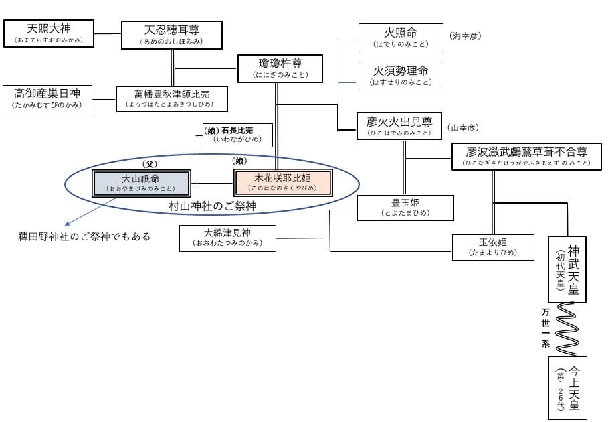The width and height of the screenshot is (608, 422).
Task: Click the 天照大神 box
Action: pos(48,33)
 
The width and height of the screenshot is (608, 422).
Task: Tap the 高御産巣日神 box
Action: pos(48,98)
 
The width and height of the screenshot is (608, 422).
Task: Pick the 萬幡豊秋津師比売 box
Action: pos(172,98)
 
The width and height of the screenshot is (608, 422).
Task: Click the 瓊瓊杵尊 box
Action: pos(280,68)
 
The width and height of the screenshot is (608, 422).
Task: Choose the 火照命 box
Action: pos(401,38)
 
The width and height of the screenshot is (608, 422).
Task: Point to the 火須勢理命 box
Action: pos(401,75)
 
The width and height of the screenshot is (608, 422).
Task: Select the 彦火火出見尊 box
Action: pos(399,125)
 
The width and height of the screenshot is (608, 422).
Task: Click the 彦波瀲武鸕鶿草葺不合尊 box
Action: pos(526,157)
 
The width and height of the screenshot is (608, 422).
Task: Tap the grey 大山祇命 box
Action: pos(144,183)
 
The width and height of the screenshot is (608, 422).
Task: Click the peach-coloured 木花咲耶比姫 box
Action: pos(283,183)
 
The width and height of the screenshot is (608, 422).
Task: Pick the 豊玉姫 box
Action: pos(405,208)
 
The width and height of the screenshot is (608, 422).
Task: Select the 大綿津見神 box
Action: pos(227,238)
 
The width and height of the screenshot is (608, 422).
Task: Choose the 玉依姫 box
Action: pos(493,247)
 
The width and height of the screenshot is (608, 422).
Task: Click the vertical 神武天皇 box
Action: pos(567,269)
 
